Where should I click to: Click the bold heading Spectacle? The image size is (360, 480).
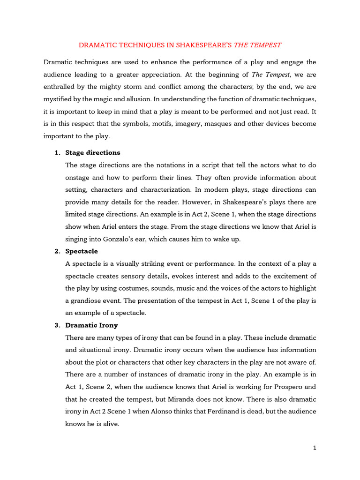click(x=82, y=251)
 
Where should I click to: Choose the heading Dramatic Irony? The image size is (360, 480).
click(x=92, y=325)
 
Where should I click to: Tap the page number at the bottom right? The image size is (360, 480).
click(x=315, y=448)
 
